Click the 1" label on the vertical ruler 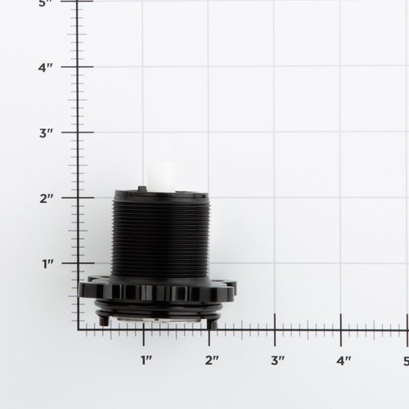click(x=48, y=263)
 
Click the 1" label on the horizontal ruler click(x=146, y=360)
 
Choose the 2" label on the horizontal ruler click(x=211, y=360)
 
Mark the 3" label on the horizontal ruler click(x=276, y=360)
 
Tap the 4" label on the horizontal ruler click(x=342, y=360)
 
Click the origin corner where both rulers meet click(x=79, y=329)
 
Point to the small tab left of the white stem click(x=142, y=188)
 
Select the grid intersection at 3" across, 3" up click(x=275, y=133)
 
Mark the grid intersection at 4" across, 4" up click(x=340, y=67)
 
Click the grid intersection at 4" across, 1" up click(x=340, y=263)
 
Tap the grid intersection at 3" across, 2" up click(x=275, y=198)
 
